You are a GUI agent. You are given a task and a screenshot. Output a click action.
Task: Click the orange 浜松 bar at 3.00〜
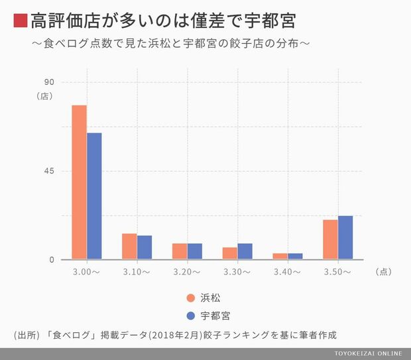(x=80, y=182)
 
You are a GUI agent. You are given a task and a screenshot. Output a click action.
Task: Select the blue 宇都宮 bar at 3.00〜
(x=94, y=196)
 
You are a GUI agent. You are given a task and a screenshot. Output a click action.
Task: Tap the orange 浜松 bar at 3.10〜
(x=129, y=246)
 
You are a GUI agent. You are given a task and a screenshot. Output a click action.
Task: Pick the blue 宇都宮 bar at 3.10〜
(x=145, y=247)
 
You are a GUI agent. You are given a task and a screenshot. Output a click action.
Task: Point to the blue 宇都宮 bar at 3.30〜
(x=245, y=251)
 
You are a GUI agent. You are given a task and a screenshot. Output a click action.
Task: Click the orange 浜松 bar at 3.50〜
(x=330, y=239)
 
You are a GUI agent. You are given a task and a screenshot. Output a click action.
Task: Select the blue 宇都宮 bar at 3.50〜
(x=345, y=237)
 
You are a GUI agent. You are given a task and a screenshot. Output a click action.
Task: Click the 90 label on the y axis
(x=48, y=82)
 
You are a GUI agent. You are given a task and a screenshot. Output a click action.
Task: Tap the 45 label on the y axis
(x=48, y=171)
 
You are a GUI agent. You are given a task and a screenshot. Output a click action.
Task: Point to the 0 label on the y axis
(x=50, y=259)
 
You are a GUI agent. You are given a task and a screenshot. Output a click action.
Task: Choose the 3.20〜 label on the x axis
(x=187, y=272)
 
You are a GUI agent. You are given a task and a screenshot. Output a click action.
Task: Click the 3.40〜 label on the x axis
(x=287, y=272)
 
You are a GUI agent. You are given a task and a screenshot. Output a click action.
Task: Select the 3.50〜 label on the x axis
(x=337, y=272)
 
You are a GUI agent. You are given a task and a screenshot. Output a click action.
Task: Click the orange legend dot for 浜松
(x=190, y=298)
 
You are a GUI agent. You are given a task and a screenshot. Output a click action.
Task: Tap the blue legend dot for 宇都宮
(x=190, y=315)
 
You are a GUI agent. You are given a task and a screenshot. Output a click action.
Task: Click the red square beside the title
(x=21, y=21)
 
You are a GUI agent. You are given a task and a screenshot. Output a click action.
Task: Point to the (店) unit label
(x=44, y=95)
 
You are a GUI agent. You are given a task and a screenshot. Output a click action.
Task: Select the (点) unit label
(x=384, y=272)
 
